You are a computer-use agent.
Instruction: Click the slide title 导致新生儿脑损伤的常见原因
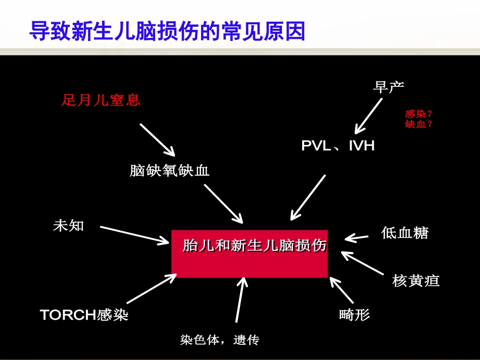tap(167, 31)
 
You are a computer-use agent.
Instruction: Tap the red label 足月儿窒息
tap(101, 100)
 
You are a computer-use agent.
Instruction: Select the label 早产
tap(389, 87)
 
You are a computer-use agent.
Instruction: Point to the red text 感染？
tap(419, 115)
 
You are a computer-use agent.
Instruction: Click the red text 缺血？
tap(419, 124)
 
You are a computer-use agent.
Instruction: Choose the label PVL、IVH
tap(338, 146)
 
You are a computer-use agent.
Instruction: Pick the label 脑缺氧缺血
tap(169, 171)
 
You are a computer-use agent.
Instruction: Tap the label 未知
tap(68, 226)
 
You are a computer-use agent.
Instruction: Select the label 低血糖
tap(405, 233)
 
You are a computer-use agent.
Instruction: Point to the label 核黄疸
tap(416, 280)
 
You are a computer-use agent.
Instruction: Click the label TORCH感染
tap(84, 315)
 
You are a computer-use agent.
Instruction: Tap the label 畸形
tap(354, 315)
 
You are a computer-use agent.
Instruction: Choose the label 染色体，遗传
tap(219, 340)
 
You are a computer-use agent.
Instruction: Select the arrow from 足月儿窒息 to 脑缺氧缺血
tap(157, 139)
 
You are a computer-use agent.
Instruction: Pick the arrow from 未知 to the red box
tap(134, 235)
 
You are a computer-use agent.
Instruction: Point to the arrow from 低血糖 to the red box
tap(357, 237)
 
